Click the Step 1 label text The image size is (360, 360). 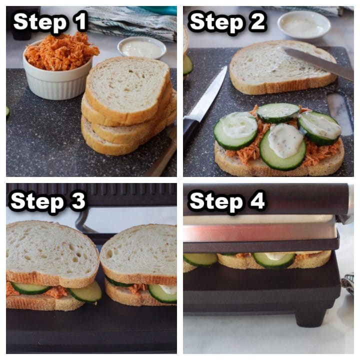(50, 22)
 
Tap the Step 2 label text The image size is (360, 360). (227, 22)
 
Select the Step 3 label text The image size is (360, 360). (48, 201)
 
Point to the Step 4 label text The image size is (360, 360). (227, 201)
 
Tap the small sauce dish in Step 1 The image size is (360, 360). (141, 48)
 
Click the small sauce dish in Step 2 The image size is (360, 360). (303, 24)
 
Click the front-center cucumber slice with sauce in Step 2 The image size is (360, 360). (283, 146)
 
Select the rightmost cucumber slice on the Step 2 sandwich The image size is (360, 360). (319, 127)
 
